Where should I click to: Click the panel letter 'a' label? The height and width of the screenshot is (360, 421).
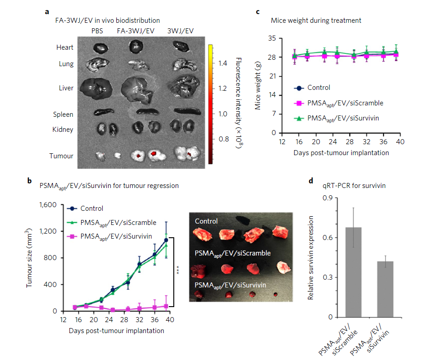tap(47, 12)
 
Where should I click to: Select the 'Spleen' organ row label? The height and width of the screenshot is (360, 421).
tap(62, 115)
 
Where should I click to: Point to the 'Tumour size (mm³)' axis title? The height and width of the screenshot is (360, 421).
tap(30, 259)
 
